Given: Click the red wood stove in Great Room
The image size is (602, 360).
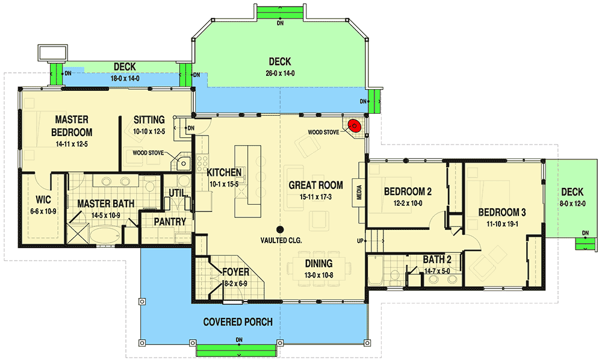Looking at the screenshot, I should click(355, 126).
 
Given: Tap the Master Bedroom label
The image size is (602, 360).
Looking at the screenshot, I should click(73, 126).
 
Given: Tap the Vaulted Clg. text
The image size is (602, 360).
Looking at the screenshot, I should click(281, 240).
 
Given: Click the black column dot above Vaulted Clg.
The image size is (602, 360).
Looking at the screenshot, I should click(281, 229).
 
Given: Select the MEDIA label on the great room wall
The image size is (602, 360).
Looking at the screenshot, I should click(359, 193).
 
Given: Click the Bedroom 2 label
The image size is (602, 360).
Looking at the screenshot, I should click(408, 192).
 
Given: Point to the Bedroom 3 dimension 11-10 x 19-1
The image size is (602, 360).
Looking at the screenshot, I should click(502, 223).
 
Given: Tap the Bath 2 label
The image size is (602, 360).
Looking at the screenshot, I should click(433, 259).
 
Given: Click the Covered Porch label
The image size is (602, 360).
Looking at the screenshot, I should click(238, 321).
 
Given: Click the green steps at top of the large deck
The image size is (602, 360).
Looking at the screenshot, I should click(280, 14).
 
